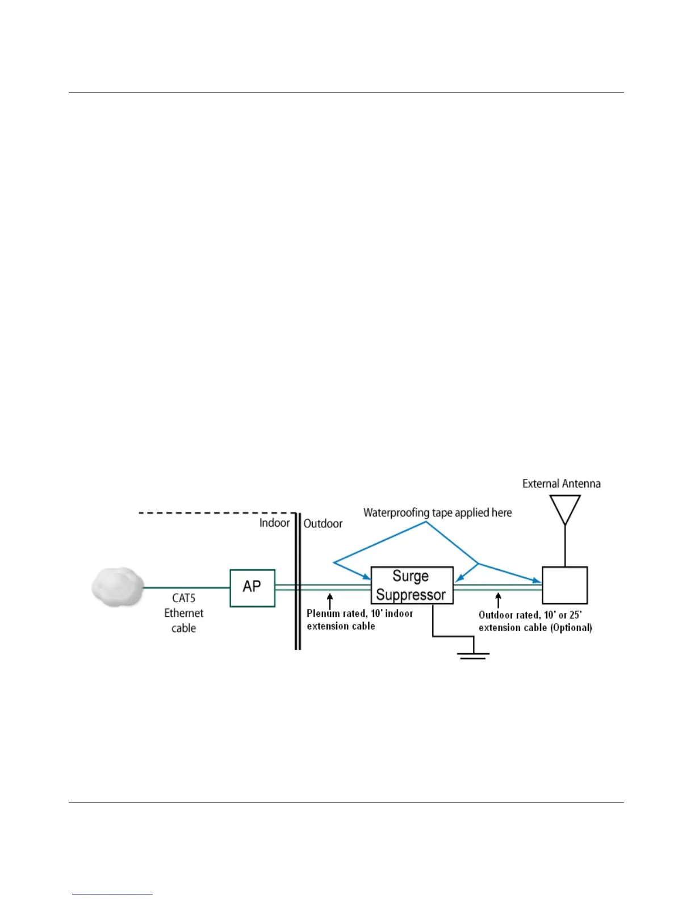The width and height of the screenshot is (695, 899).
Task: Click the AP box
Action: point(253,588)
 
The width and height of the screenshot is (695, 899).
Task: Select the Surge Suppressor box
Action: point(412,585)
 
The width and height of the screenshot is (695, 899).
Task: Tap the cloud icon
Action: point(118,586)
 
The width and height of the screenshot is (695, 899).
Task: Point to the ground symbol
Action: point(474,654)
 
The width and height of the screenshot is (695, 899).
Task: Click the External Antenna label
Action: point(561,484)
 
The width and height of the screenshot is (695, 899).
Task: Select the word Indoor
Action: point(274,523)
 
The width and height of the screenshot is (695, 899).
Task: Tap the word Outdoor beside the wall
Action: point(323,523)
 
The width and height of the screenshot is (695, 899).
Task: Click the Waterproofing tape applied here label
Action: point(437,512)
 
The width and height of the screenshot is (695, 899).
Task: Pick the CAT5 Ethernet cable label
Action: point(184,613)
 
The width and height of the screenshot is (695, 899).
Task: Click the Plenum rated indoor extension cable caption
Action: point(359,620)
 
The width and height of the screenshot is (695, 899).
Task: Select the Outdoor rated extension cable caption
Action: point(535,621)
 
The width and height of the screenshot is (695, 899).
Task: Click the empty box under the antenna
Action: point(564,585)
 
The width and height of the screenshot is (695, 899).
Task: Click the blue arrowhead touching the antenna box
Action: point(537,581)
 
